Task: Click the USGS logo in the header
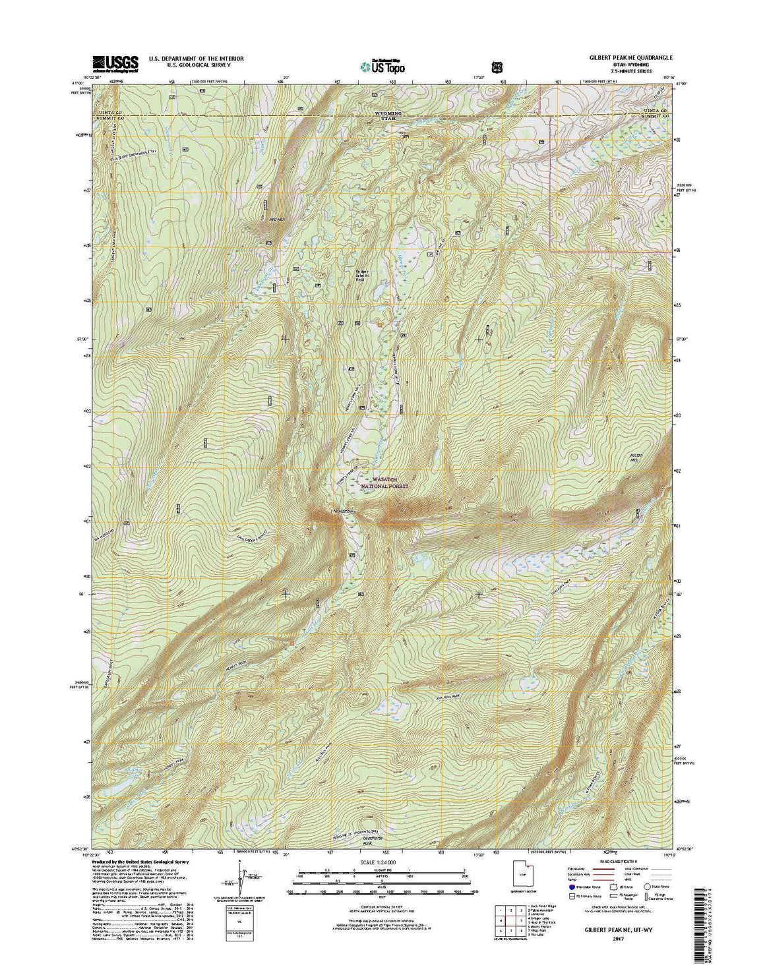coord(115,63)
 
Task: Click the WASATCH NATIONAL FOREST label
coord(384,483)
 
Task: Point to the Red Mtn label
coord(267,220)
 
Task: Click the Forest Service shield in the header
coord(496,66)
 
